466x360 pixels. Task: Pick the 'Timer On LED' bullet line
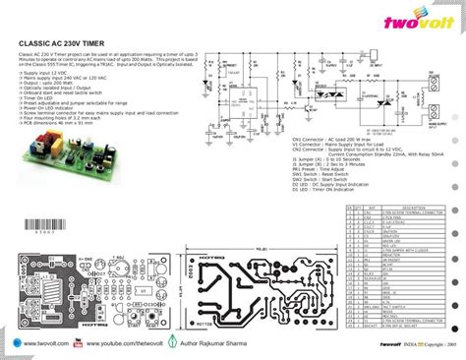coord(38,99)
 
